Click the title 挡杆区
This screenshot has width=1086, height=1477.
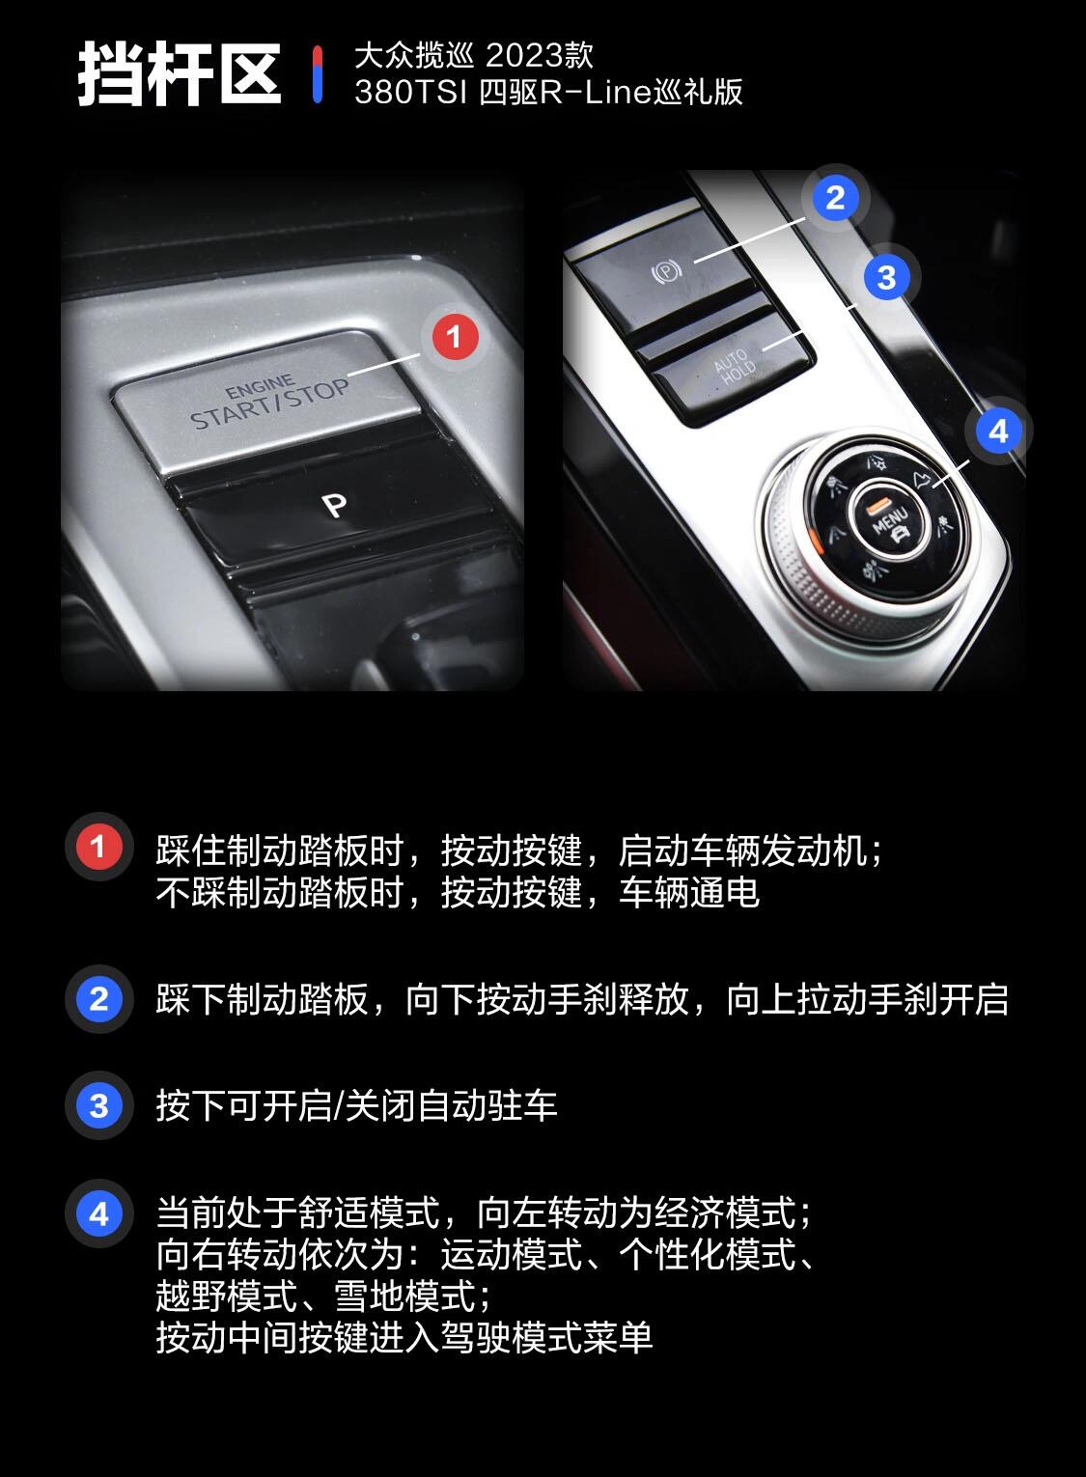(x=179, y=74)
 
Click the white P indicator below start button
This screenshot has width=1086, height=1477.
(x=334, y=505)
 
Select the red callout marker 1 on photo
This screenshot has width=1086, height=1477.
(x=455, y=337)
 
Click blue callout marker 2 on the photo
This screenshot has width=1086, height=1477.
(x=835, y=198)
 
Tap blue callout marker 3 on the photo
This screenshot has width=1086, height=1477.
(x=886, y=278)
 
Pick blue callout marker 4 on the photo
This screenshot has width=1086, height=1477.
(x=998, y=431)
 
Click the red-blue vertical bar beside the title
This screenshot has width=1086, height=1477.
(x=318, y=74)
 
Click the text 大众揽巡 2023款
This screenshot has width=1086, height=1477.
(x=473, y=55)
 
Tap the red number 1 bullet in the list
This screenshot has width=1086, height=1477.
(x=97, y=848)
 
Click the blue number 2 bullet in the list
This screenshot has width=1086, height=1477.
(x=97, y=998)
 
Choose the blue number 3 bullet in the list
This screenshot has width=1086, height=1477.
(x=97, y=1105)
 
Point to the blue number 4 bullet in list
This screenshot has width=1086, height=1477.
(x=97, y=1213)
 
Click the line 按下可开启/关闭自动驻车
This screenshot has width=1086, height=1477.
(x=356, y=1105)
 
